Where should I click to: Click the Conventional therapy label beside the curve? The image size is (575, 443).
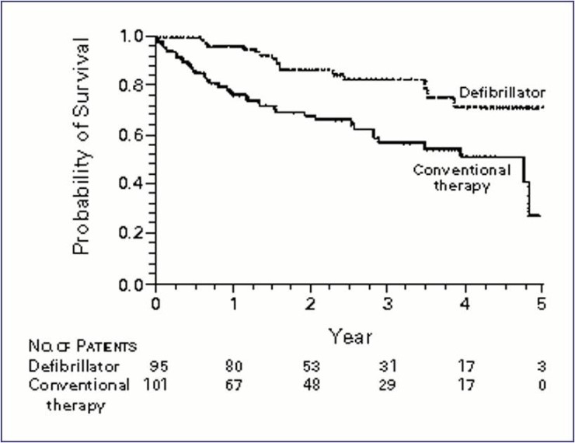click(x=462, y=178)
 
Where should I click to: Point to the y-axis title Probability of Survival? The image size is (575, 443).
click(x=83, y=145)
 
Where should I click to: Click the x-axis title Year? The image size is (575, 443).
click(x=349, y=337)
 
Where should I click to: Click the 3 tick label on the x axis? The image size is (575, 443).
click(x=388, y=302)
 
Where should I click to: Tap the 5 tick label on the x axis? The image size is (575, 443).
click(x=542, y=302)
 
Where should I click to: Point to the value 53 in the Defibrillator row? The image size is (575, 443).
click(x=312, y=365)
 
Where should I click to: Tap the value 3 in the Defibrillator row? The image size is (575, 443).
click(x=542, y=365)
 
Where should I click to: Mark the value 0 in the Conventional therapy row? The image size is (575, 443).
click(x=542, y=385)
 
